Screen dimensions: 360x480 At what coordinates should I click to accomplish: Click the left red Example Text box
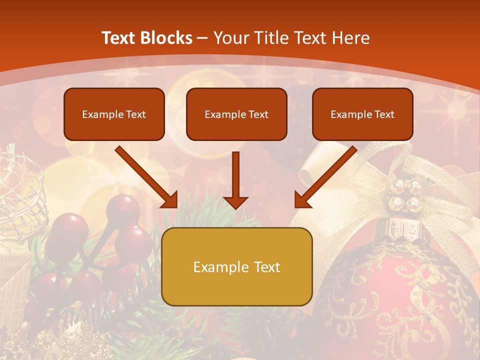click(114, 114)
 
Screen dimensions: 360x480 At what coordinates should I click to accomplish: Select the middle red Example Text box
click(236, 114)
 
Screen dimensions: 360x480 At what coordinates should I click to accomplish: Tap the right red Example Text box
click(362, 114)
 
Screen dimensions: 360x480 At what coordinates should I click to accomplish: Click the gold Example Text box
click(236, 266)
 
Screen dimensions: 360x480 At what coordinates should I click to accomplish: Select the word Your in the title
click(231, 38)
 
